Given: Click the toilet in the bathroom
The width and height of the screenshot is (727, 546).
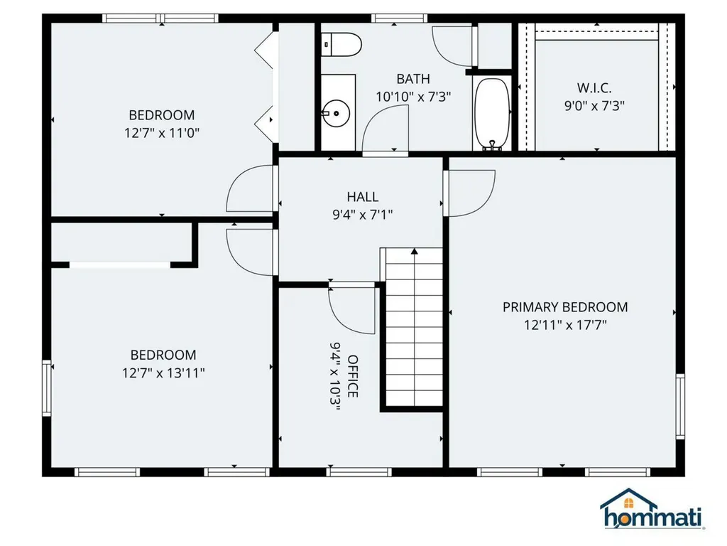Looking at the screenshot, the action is coord(341,45).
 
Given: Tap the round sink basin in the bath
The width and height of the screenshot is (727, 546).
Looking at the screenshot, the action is coord(336,113).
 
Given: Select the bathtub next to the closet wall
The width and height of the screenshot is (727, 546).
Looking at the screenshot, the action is coord(492,114).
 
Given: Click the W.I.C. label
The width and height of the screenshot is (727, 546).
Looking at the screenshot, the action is coord(594,87).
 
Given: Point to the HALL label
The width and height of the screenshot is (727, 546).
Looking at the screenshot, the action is coord(363,197).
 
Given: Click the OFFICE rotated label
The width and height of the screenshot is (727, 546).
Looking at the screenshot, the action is coord(352,376).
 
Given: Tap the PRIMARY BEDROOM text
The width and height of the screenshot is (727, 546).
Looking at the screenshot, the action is coord(565,307).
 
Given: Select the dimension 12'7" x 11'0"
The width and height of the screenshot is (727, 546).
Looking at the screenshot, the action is coord(162,133).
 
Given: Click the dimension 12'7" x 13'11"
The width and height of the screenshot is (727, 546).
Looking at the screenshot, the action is coord(163,373).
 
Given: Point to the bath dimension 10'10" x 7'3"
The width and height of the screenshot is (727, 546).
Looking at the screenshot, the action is coord(413,97).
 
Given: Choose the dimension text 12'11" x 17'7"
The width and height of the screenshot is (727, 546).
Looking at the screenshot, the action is coord(565,324).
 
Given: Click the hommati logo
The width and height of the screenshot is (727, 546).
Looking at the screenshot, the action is coord(652,509).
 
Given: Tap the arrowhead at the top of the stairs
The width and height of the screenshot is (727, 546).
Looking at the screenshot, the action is coord(415,251).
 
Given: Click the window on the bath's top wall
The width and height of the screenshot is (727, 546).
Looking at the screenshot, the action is coord(399,18).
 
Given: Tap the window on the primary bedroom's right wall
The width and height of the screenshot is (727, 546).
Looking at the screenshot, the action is coord(680,406).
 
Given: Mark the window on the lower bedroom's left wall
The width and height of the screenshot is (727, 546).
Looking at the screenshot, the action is coord(46,387).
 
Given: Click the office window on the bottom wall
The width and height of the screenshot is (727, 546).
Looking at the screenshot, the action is coord(359,472).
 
